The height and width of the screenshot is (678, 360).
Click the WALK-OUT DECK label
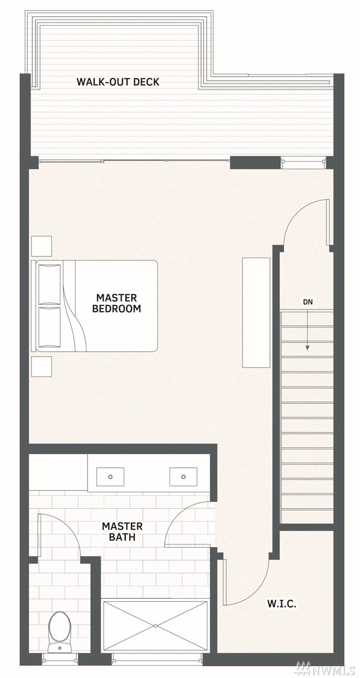coord(118,82)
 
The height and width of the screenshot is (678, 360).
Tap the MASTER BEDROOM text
coord(116,303)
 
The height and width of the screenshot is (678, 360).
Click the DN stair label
coord(308,302)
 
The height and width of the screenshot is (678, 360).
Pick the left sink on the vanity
coord(110,477)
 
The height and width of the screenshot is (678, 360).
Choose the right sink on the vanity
coord(183,477)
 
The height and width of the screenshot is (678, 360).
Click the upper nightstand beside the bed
coord(41,246)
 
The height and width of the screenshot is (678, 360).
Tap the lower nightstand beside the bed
coord(41,366)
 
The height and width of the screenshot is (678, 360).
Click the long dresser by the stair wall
coord(256,313)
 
